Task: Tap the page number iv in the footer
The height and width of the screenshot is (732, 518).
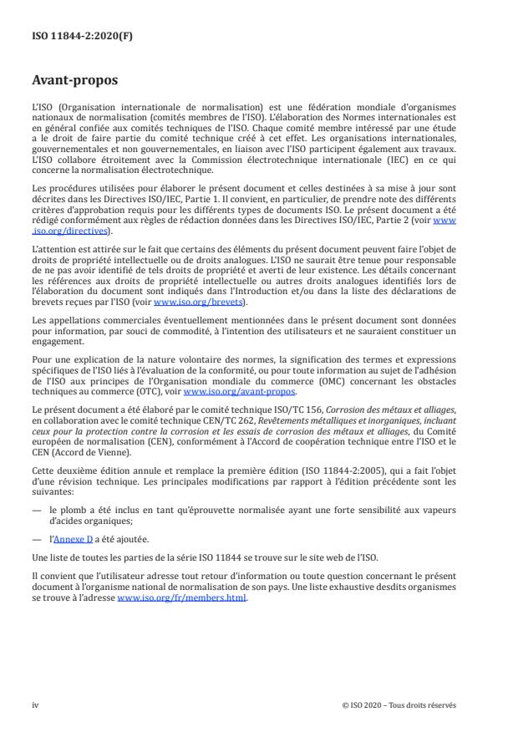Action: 35,704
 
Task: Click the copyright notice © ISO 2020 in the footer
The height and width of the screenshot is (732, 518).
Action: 399,704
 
